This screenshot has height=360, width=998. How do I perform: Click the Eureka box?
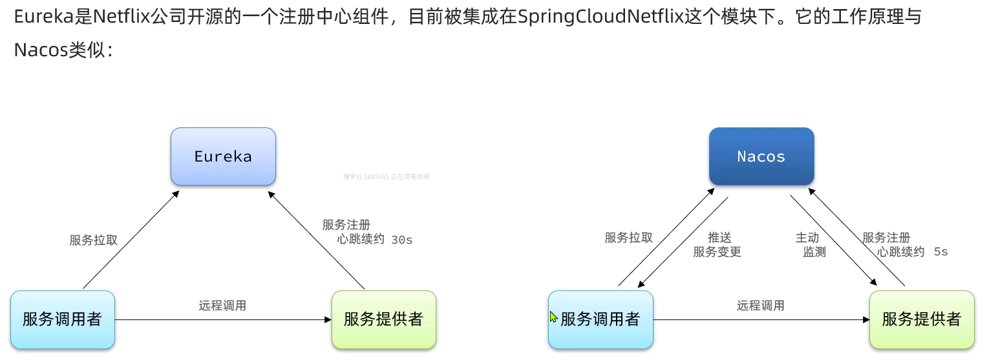pos(223,156)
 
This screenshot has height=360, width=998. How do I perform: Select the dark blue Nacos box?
pos(761,156)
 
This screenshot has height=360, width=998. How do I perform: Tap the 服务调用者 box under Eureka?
pos(63,319)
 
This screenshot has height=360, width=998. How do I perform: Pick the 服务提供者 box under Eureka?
pos(383,319)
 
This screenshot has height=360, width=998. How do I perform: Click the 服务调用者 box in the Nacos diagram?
pos(600,319)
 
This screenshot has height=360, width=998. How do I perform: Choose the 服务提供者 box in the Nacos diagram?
pos(921,319)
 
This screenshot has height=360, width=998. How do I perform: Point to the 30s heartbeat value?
pos(402,240)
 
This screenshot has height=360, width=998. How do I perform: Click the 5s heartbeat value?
pos(940,252)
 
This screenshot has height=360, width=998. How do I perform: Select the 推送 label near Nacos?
pos(719,238)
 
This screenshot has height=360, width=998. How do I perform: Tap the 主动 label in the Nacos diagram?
pos(807,238)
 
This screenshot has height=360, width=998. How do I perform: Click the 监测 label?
pos(814,252)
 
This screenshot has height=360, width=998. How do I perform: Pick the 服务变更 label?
pos(717,252)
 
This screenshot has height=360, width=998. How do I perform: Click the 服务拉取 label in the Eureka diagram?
pos(94,240)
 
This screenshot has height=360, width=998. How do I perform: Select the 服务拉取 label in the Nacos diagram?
pos(629,238)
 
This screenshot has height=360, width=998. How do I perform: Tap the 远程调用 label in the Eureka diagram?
pos(222,306)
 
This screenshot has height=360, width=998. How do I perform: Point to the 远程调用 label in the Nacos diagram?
pos(761,306)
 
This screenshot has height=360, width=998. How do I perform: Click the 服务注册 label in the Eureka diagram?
pos(346,225)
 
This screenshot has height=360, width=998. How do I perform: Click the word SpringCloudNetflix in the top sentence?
pos(601,17)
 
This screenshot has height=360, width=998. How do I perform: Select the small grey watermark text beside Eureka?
pos(386,176)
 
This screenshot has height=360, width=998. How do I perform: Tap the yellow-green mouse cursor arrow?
pos(553,317)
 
